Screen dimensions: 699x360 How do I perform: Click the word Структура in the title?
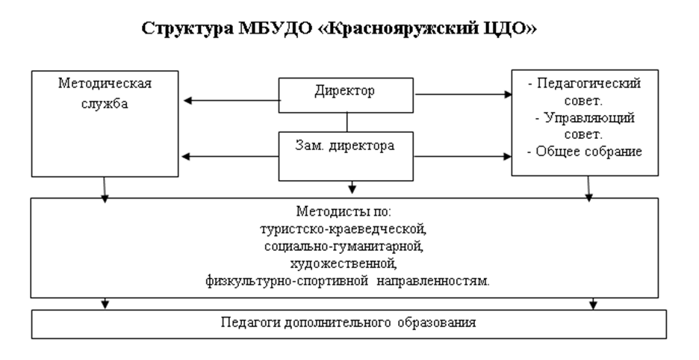tap(187, 28)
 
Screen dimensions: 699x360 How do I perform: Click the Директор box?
tap(346, 95)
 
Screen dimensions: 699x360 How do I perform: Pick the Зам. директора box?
tap(346, 156)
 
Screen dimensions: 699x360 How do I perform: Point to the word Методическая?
tap(105, 84)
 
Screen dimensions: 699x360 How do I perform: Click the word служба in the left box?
tap(105, 104)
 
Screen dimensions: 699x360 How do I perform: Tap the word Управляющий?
tap(590, 118)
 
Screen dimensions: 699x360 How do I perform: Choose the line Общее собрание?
tap(589, 152)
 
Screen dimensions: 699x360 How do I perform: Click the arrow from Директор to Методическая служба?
tap(232, 100)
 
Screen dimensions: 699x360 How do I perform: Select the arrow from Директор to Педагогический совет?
tap(463, 94)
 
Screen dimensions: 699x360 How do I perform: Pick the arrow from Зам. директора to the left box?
tap(231, 157)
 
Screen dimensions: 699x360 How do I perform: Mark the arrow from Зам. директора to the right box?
tap(463, 157)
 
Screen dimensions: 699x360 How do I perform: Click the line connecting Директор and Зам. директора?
tap(347, 122)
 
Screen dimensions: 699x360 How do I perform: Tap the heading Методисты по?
tap(344, 211)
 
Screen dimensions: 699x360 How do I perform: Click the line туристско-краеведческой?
tap(344, 229)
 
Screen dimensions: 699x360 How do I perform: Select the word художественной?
tap(344, 264)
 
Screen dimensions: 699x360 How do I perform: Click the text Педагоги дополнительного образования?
tap(349, 323)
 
